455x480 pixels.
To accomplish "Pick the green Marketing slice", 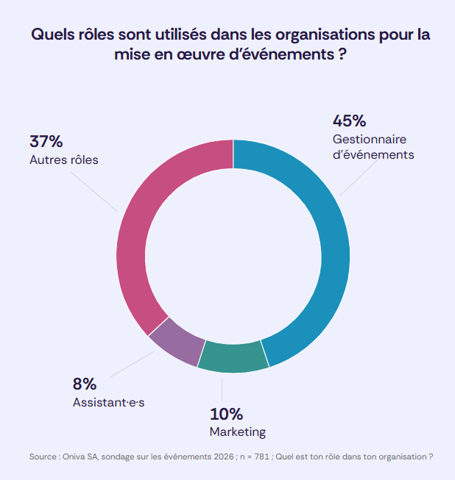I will [x=233, y=357].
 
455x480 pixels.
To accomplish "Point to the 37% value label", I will [x=46, y=141].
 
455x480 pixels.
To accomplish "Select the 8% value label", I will [x=85, y=384].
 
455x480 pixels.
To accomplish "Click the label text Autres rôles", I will [x=64, y=160].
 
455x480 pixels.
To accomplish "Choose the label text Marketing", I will [x=238, y=431].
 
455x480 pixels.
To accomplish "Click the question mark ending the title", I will [x=342, y=55].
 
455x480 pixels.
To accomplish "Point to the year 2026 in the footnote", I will [x=222, y=456].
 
